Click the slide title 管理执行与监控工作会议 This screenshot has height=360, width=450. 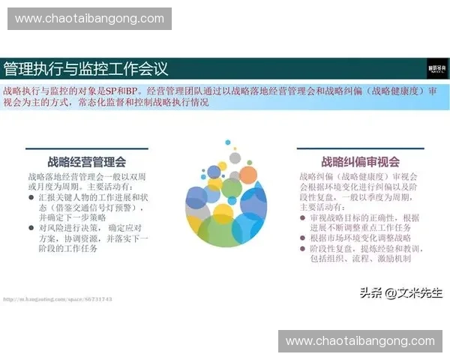coord(85,69)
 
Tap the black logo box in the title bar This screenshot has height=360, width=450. coord(436,68)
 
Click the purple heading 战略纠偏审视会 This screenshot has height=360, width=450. coord(360,161)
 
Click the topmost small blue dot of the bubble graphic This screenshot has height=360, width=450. coord(227,141)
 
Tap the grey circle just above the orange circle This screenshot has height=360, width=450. coord(235,157)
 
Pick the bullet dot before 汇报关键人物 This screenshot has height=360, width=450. coord(31,197)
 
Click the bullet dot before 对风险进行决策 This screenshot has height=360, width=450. coord(31,227)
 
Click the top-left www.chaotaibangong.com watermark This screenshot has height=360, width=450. coord(90,18)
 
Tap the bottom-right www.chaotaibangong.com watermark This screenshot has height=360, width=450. coord(359,341)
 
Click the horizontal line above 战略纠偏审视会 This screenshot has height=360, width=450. coord(360,148)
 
